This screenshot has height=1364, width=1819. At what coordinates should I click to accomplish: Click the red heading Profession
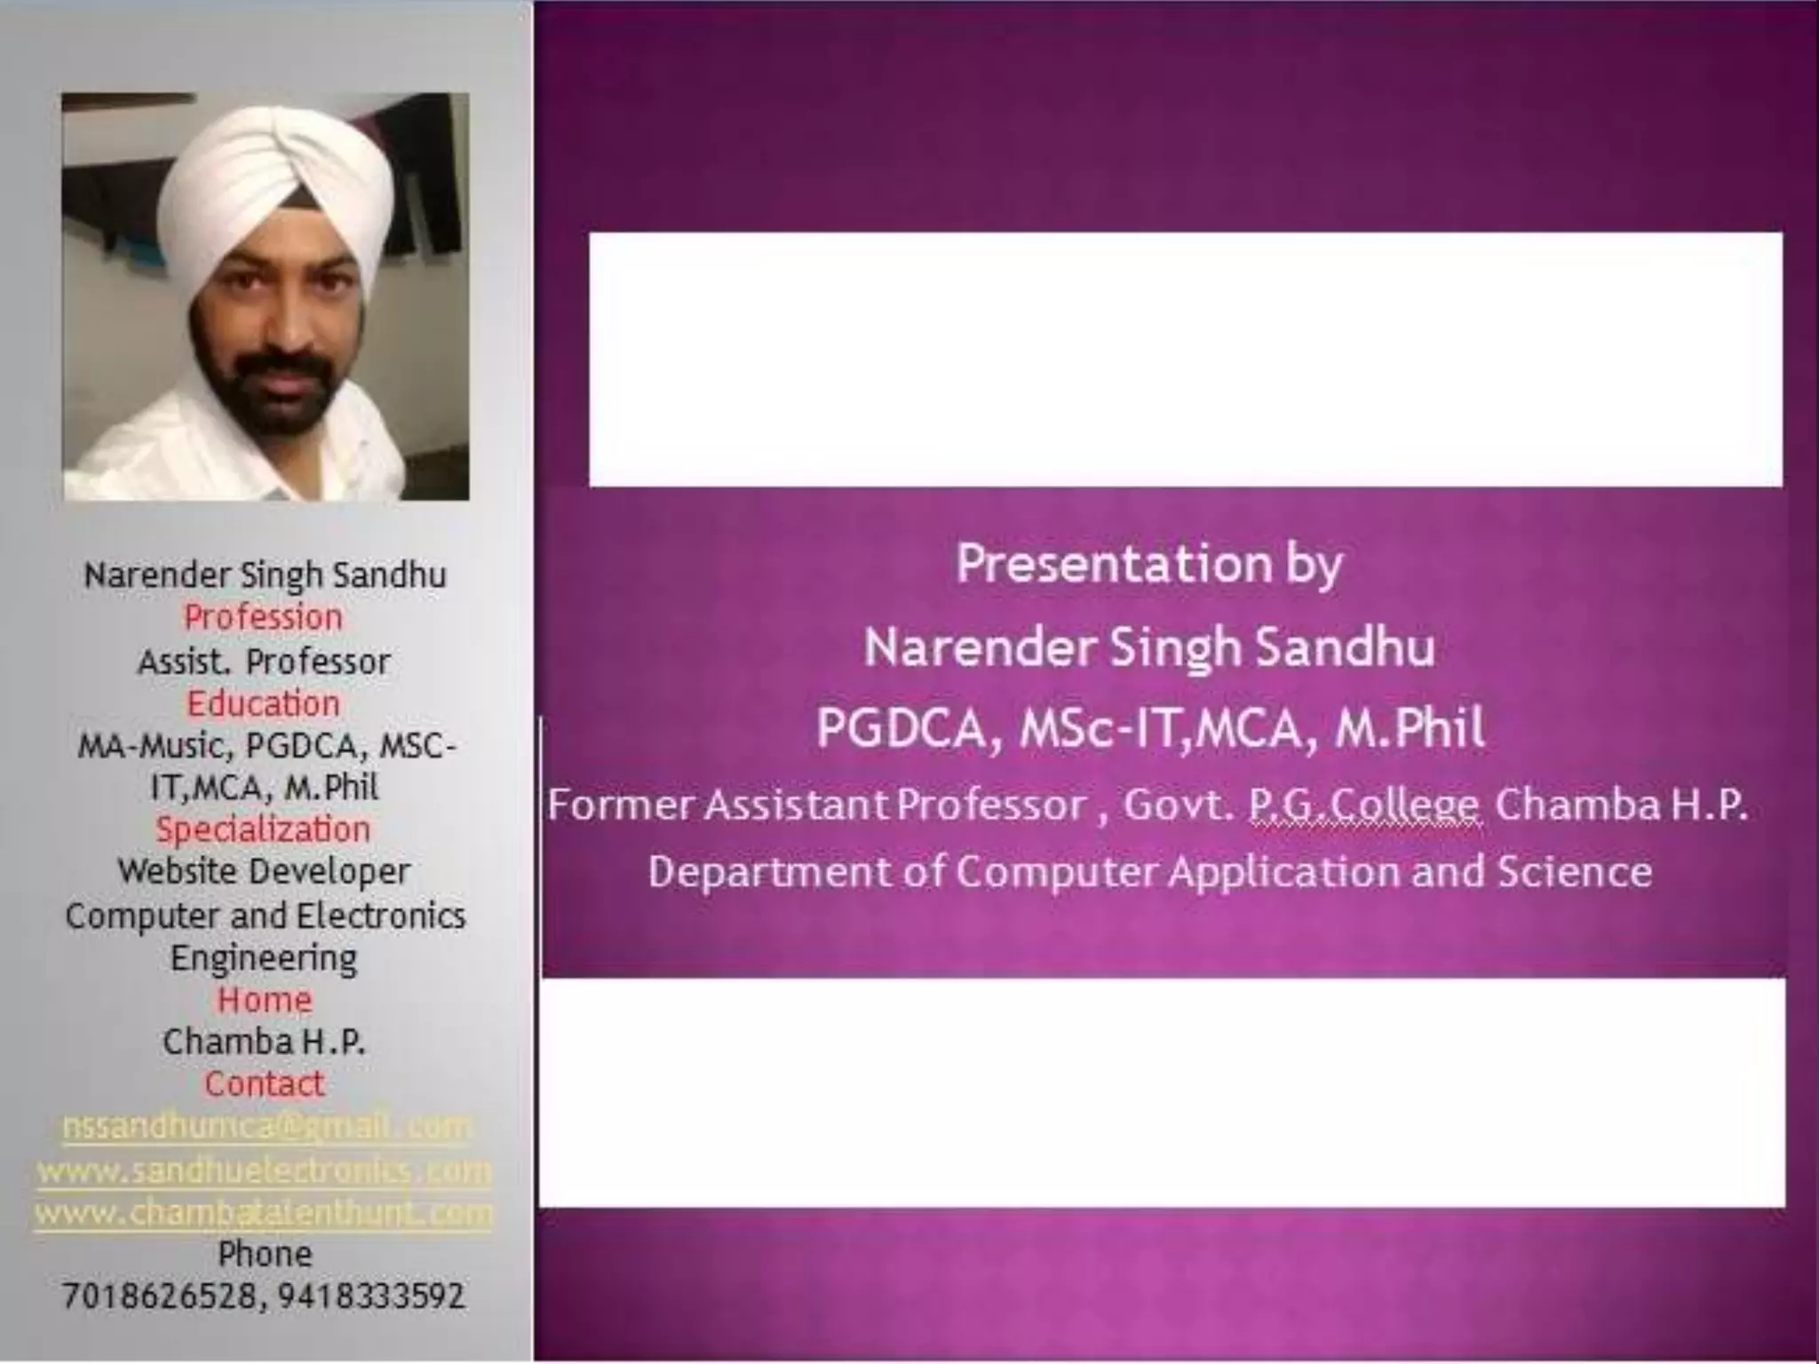[263, 617]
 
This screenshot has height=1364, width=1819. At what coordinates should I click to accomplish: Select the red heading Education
[263, 703]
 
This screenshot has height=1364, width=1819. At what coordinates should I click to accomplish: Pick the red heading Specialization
[263, 829]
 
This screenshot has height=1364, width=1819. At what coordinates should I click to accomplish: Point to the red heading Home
[264, 1000]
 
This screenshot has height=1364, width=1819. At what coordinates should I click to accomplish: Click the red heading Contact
[264, 1083]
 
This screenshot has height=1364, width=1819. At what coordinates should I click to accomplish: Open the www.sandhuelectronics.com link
[264, 1170]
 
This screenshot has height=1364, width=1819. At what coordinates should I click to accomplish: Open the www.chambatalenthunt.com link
[264, 1213]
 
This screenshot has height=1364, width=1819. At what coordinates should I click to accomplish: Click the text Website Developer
[264, 871]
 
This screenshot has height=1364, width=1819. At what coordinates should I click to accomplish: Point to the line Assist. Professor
[264, 662]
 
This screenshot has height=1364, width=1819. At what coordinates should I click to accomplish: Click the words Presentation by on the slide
[1148, 565]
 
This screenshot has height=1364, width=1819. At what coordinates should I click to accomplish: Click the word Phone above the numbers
[265, 1254]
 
